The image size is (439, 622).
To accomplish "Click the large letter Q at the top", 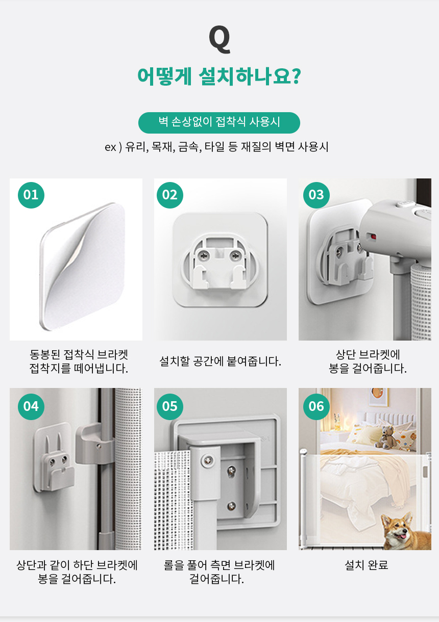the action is point(219,39).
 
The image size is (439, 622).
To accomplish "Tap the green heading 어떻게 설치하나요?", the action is point(219,76).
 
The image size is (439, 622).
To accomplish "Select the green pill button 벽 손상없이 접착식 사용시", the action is point(219,123).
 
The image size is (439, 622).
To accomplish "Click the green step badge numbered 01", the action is point(31,195).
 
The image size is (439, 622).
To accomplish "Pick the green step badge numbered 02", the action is point(170,195).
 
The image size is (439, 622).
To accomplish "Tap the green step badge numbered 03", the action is point(316,195).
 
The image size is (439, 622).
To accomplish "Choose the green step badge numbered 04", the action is point(31,407).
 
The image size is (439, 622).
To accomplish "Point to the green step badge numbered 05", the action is point(170,407).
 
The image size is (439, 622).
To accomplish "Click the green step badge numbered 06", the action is point(316,407).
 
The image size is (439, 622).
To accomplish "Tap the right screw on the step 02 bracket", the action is point(235,255).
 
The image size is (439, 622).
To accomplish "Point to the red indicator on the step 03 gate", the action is point(373,237).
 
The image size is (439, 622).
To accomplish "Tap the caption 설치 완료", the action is point(366,565).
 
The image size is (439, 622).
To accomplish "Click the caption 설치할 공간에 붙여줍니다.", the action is point(220,361).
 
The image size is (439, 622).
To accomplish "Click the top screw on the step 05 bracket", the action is point(208,460).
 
